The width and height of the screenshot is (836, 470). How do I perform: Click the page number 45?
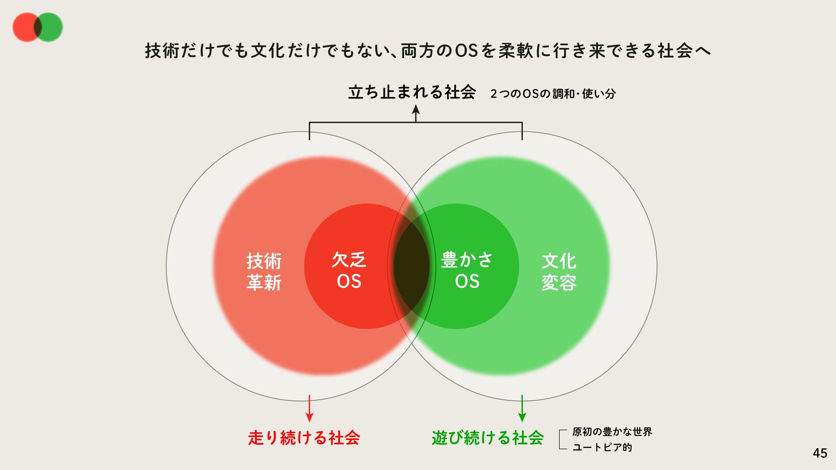(819, 453)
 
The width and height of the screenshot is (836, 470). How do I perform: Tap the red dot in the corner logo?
(24, 27)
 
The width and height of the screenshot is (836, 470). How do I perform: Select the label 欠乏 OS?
(349, 270)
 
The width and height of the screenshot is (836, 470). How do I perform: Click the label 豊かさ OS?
(467, 270)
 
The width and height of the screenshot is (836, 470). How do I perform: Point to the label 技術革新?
(264, 272)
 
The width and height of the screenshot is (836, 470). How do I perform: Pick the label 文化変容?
(559, 272)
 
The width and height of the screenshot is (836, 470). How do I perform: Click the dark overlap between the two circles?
(411, 266)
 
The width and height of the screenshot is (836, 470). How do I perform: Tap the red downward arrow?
(309, 409)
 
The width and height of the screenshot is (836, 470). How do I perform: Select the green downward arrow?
(522, 409)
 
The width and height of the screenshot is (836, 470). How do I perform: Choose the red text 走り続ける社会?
(304, 438)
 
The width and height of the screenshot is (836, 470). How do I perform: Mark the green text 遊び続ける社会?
(488, 438)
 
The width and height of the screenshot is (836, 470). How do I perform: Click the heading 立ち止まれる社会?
(411, 92)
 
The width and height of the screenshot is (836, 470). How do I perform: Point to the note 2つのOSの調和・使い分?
(553, 94)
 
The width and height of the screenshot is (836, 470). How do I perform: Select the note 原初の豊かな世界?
(612, 432)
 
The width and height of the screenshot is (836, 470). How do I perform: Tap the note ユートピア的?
(602, 447)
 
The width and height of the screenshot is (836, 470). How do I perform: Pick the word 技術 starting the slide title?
(162, 51)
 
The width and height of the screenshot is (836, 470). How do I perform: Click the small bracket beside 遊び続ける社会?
(562, 439)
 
